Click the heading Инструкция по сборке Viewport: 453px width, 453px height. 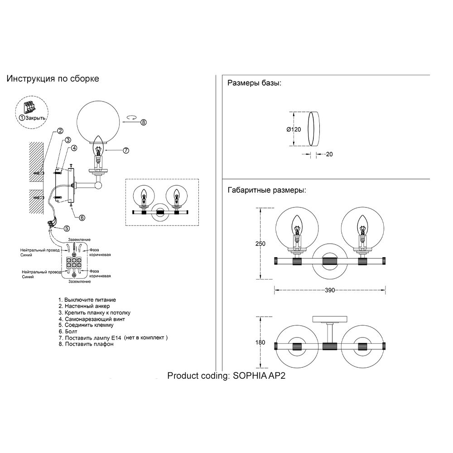(x=53, y=78)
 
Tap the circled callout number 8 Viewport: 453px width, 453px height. (x=144, y=122)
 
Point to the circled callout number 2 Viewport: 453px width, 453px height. (x=60, y=132)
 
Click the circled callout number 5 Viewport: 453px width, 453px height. (x=67, y=228)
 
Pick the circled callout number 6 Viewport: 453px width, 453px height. (x=82, y=217)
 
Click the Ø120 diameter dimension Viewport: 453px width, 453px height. (x=294, y=129)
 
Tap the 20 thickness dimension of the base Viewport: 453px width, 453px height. (x=329, y=154)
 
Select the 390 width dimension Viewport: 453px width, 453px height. (x=330, y=290)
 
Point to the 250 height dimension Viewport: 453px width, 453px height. (x=260, y=244)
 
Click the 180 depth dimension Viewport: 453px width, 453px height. (x=260, y=342)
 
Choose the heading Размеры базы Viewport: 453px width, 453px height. (x=254, y=83)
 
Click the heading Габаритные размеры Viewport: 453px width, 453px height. (x=266, y=190)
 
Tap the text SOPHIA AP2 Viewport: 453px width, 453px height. (x=259, y=376)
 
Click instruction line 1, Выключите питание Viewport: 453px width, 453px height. (x=87, y=299)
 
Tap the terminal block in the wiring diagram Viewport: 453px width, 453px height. (x=74, y=262)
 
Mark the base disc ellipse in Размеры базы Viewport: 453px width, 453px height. (x=313, y=129)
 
